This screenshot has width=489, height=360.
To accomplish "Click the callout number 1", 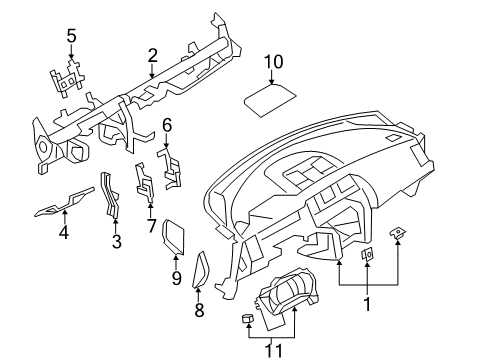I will click(367, 303).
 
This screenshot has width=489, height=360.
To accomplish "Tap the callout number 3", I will click(116, 241).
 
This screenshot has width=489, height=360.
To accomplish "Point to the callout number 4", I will click(63, 234).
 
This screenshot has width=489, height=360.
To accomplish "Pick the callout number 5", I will click(71, 37).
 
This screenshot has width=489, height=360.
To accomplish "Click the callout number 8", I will click(198, 311).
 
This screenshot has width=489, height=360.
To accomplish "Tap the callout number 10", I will click(273, 65).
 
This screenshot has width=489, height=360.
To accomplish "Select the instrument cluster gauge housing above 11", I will click(294, 300).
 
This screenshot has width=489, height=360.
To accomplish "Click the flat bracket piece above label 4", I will click(62, 205).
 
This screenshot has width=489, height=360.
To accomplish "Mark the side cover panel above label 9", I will click(176, 237).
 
